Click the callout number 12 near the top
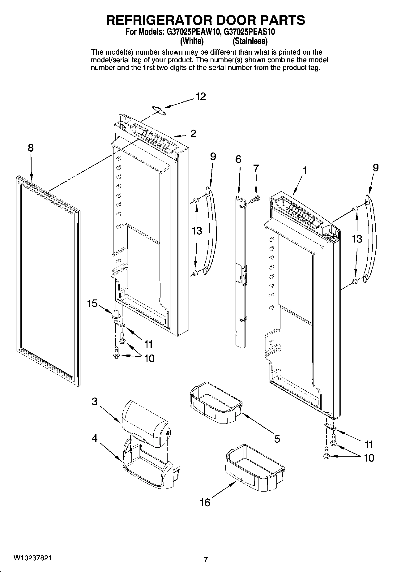click(200, 97)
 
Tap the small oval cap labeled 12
click(160, 110)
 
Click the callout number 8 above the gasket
click(31, 148)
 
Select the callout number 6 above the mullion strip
click(238, 159)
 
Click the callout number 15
click(92, 303)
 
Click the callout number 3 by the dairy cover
click(95, 402)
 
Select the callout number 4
click(95, 438)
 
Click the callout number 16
click(205, 502)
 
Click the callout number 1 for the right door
click(305, 170)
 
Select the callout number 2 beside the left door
click(193, 134)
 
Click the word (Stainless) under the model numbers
click(250, 41)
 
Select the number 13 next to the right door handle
click(357, 239)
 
